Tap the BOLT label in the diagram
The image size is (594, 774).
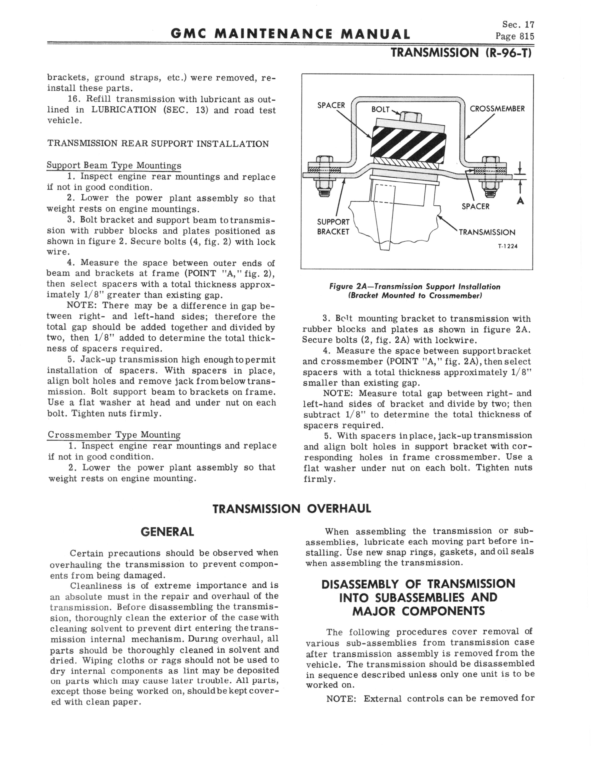[380, 110]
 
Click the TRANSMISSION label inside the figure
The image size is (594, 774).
[487, 233]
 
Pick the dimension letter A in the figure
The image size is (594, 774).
[520, 201]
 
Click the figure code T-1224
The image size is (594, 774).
[508, 247]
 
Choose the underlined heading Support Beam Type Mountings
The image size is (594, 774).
[114, 166]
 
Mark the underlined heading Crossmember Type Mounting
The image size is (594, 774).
[114, 435]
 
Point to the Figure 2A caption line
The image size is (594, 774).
[415, 286]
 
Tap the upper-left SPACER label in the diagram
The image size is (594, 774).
[331, 105]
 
